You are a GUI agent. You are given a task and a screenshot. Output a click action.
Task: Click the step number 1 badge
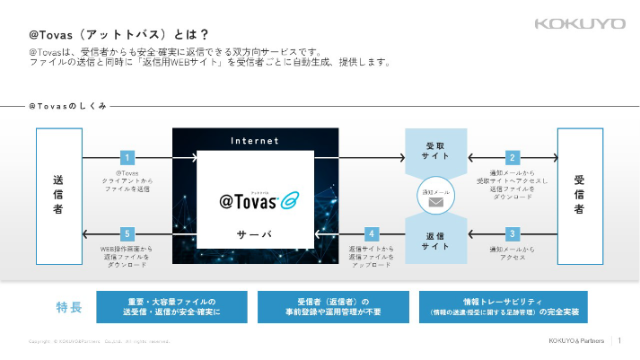(127, 157)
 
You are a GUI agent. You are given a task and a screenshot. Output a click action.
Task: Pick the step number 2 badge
(513, 157)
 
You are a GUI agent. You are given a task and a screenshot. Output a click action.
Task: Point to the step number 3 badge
(513, 233)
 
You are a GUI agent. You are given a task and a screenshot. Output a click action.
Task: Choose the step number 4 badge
(372, 233)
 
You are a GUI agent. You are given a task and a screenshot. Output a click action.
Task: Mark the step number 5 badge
(127, 233)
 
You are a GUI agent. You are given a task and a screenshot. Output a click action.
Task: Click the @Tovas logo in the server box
(254, 199)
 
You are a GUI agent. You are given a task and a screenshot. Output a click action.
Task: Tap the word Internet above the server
(255, 141)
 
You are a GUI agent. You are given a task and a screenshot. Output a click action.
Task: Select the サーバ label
(254, 234)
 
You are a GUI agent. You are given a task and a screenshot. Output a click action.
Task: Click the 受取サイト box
(435, 153)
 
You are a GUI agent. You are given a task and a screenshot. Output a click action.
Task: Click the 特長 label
(69, 308)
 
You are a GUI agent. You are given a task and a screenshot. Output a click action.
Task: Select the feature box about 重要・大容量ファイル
(171, 307)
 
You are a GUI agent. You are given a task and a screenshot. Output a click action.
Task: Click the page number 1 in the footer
(621, 340)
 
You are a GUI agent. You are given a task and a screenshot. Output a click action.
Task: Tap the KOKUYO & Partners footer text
(576, 340)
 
